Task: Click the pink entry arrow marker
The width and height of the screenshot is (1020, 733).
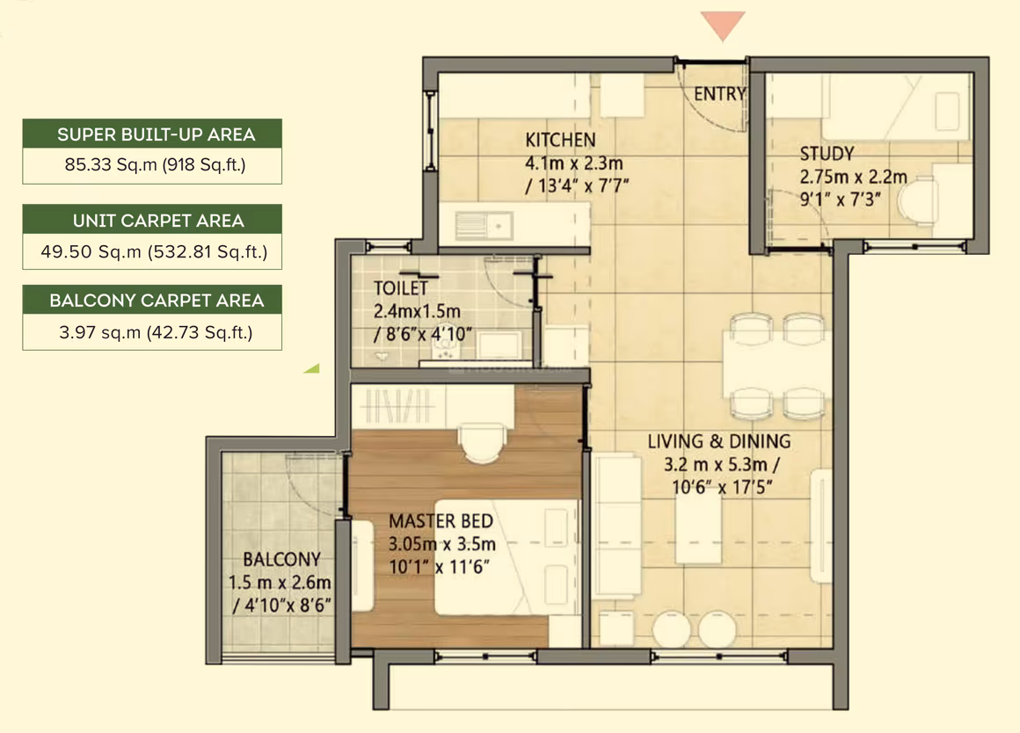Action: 723,25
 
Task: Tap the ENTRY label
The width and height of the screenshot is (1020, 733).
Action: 719,94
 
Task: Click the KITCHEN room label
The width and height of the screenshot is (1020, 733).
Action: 560,140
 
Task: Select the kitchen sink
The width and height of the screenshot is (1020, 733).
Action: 484,226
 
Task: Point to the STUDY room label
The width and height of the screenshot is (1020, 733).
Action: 827,154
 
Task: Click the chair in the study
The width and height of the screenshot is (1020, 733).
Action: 917,200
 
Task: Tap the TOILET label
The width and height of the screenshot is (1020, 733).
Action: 401,288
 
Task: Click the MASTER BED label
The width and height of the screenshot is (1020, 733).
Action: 441,521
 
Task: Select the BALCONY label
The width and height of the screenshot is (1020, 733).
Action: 281,559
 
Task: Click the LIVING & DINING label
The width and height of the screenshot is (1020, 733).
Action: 718,441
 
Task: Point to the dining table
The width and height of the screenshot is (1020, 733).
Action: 776,365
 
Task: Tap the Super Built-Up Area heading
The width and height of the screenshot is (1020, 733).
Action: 156,134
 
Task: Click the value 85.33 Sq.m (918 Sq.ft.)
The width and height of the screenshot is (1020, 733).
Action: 155,164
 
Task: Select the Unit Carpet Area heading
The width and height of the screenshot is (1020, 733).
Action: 158,221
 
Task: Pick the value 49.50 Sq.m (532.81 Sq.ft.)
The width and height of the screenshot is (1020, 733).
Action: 154,251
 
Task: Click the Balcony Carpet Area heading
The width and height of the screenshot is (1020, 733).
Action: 157,301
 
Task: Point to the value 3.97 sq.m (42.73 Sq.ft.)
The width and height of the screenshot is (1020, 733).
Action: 156,332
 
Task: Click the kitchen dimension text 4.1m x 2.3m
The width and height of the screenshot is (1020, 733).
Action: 573,163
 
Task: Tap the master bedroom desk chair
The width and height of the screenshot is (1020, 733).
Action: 482,443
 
